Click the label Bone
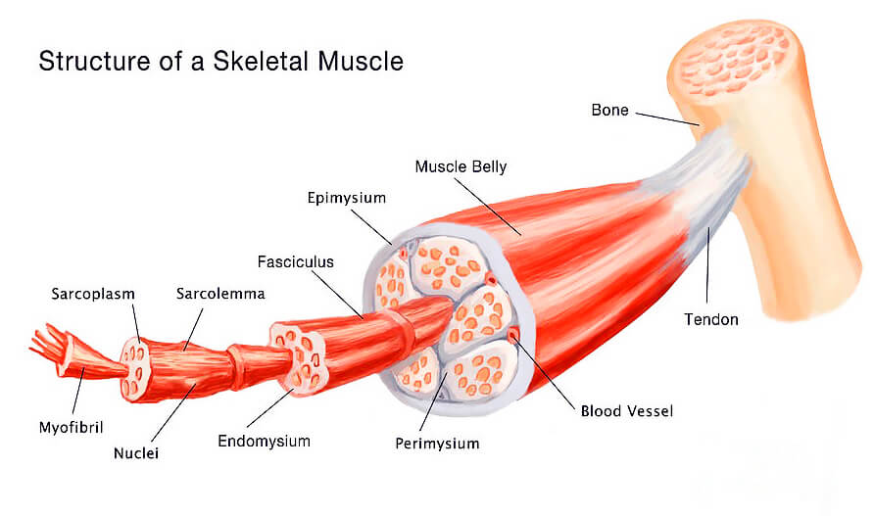pyautogui.click(x=609, y=110)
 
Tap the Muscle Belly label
pyautogui.click(x=461, y=166)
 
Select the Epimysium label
pyautogui.click(x=346, y=198)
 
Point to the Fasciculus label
pyautogui.click(x=296, y=261)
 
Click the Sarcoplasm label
pyautogui.click(x=93, y=293)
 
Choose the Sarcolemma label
pyautogui.click(x=220, y=293)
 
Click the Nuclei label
pyautogui.click(x=136, y=453)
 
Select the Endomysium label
pyautogui.click(x=264, y=441)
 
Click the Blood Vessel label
pyautogui.click(x=628, y=410)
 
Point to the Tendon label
pyautogui.click(x=711, y=319)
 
